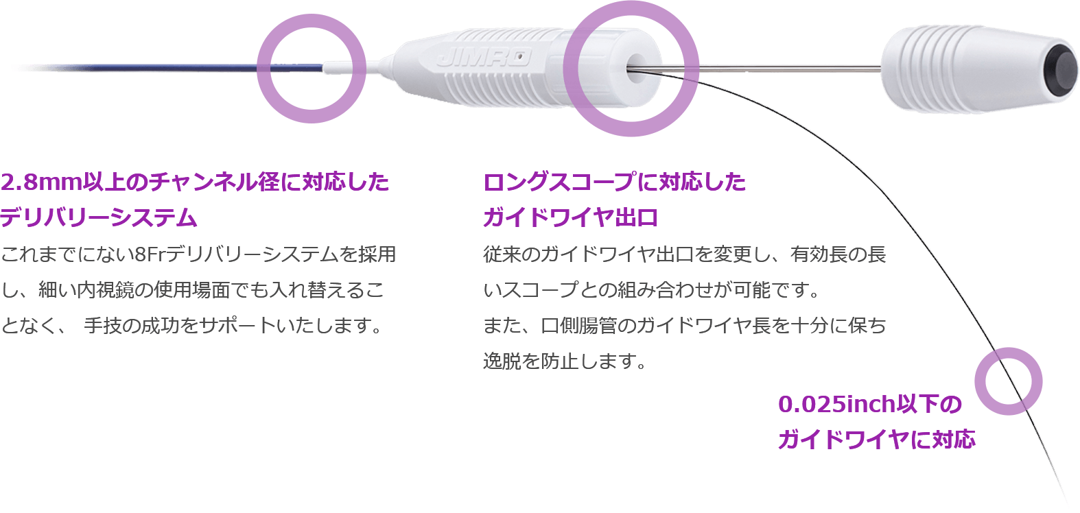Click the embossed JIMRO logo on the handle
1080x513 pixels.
484,57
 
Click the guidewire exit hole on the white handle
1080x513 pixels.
637,68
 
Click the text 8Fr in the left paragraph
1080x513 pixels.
149,254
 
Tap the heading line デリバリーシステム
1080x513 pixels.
98,218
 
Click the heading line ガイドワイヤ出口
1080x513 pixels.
570,218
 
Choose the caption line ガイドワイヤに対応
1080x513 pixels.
876,440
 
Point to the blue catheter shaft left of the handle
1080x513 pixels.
169,67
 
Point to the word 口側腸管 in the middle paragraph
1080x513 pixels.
578,326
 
